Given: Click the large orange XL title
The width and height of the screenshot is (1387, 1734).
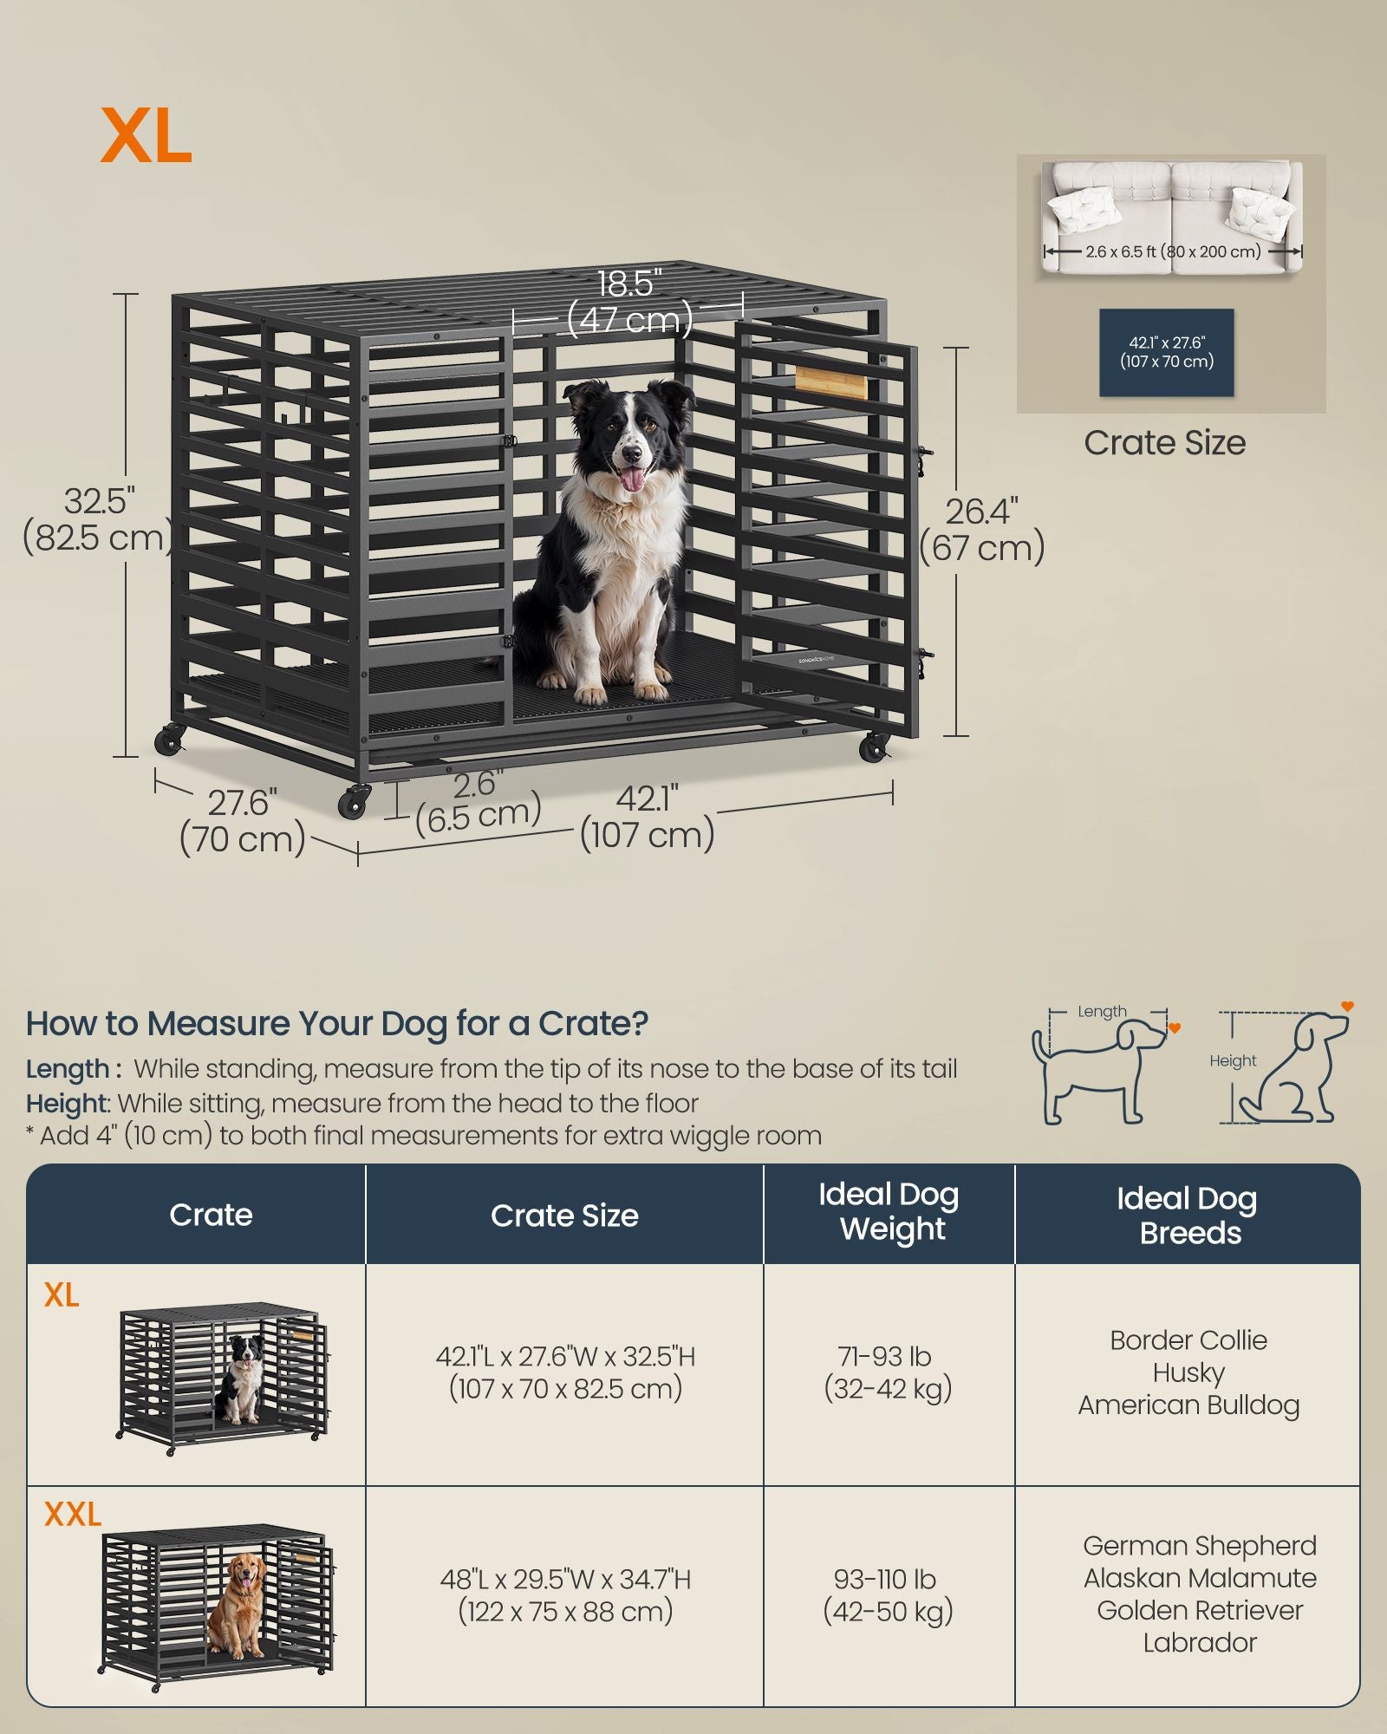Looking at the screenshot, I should coord(146,136).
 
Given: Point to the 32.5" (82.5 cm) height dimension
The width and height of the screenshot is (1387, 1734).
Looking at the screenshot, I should coord(97,519).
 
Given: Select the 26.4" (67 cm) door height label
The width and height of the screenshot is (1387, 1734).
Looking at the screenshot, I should coord(982,530).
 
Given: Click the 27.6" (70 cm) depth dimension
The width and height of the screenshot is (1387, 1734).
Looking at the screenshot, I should coord(243,821).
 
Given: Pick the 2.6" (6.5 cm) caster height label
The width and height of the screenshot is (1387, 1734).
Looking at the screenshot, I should coord(478,801).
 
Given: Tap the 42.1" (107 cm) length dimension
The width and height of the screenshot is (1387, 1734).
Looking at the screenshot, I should coord(648,817).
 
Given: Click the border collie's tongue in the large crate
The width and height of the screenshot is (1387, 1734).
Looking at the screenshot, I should coord(635,479).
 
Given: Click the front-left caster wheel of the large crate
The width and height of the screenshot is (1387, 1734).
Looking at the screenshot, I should coord(354,802).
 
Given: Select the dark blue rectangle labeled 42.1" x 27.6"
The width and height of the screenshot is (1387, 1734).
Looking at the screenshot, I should coord(1166,353).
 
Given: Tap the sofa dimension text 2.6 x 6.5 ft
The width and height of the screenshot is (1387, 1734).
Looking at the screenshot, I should coord(1172,251).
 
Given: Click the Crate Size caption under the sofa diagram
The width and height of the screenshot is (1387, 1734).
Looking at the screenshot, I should coord(1164,443).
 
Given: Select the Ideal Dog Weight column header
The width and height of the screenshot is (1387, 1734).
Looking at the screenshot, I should coord(889,1212).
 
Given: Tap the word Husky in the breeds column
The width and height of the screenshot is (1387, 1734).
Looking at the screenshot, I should coord(1188,1372).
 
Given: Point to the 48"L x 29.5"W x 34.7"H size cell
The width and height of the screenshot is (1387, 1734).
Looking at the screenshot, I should coord(565,1595).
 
